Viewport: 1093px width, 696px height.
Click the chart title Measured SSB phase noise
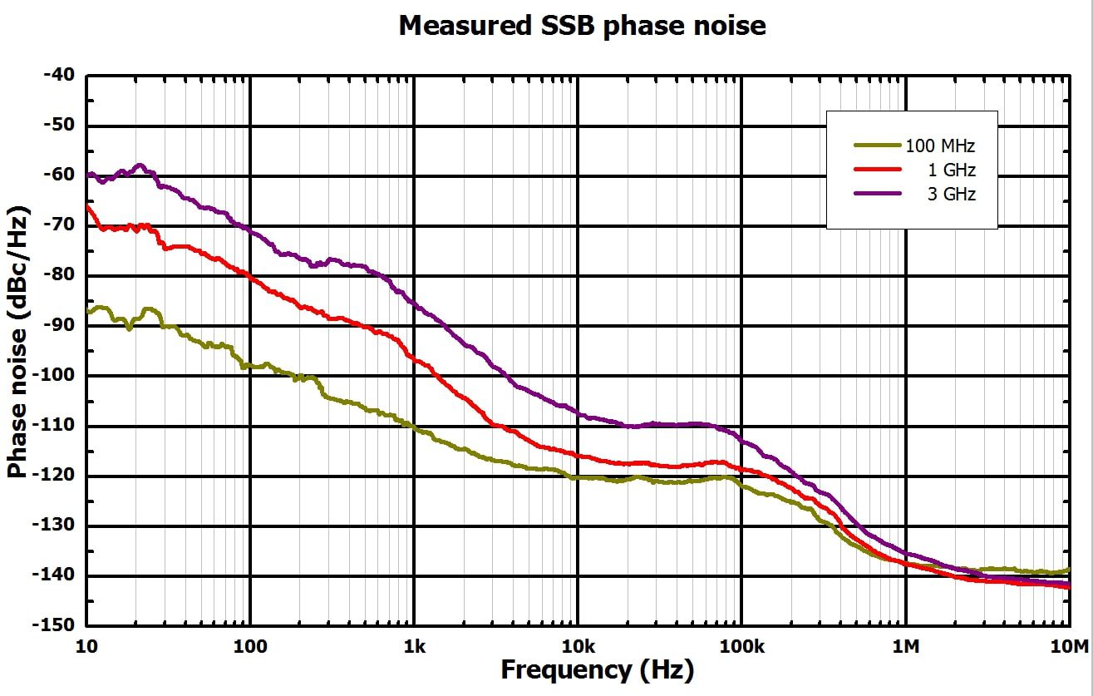(x=582, y=25)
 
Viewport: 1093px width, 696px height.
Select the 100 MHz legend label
(x=941, y=146)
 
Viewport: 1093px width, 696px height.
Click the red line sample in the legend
(x=878, y=169)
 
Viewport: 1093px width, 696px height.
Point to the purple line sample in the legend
(x=878, y=193)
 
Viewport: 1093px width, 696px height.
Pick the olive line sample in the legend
(x=878, y=145)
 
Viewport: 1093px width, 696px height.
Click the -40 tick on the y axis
(x=58, y=76)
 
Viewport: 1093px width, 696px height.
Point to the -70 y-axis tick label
(x=58, y=225)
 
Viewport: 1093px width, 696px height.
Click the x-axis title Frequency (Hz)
(x=597, y=670)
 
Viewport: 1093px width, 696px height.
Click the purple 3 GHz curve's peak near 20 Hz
(x=140, y=165)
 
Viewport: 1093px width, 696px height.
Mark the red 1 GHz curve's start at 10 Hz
(x=87, y=205)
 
